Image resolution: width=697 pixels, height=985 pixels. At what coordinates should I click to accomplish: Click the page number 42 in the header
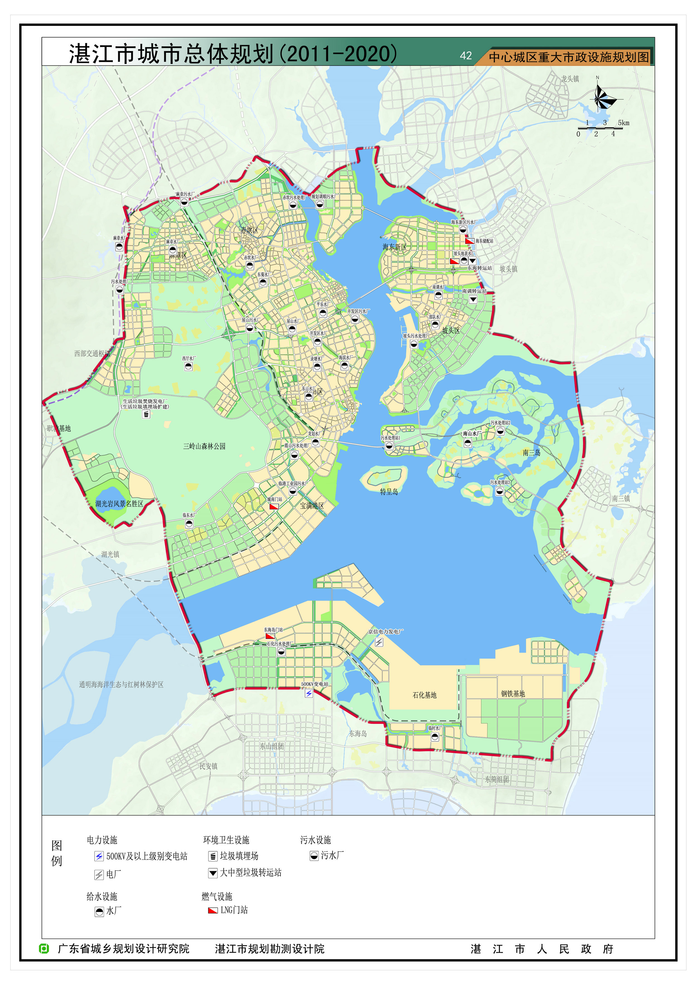tap(466, 56)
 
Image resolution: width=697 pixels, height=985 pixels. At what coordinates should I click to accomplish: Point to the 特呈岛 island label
tap(389, 492)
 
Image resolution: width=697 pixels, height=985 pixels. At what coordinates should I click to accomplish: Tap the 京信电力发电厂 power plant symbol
tap(379, 642)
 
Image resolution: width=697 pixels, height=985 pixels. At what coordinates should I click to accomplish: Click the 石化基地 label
tap(424, 695)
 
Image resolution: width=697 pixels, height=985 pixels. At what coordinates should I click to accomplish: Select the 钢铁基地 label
tap(513, 694)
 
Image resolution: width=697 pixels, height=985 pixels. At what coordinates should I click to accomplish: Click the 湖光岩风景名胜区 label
tap(119, 504)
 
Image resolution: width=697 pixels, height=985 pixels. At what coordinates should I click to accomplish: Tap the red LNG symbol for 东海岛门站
tap(270, 636)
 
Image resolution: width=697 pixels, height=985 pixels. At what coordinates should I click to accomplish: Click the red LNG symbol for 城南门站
tap(274, 506)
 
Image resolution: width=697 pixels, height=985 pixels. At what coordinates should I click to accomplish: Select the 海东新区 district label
tap(395, 247)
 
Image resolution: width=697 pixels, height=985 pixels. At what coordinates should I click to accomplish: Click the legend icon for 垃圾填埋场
tap(213, 856)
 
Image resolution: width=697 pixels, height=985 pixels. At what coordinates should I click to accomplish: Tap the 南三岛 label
tap(531, 453)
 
